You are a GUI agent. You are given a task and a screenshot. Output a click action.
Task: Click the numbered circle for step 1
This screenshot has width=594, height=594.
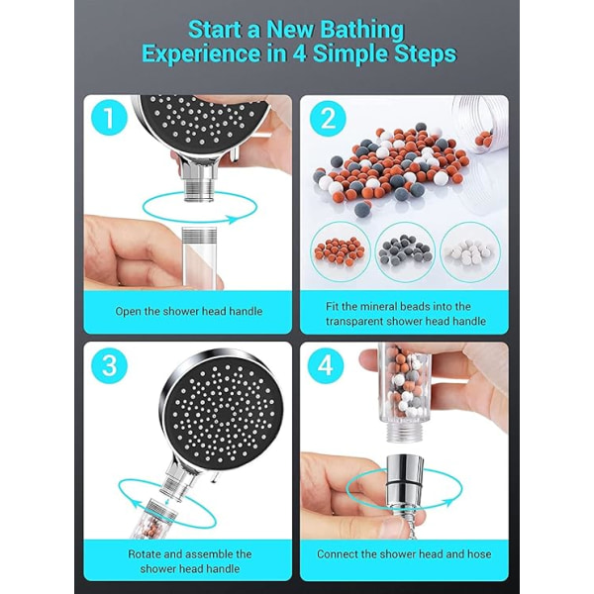[x=109, y=118]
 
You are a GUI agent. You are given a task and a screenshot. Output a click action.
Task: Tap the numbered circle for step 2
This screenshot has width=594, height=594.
[x=328, y=118]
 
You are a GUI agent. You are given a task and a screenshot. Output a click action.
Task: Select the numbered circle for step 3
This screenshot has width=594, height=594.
[x=109, y=366]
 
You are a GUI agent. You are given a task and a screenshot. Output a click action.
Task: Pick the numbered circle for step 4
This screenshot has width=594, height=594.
[x=326, y=366]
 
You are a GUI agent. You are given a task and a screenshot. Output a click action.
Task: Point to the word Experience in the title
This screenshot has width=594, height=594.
[x=201, y=53]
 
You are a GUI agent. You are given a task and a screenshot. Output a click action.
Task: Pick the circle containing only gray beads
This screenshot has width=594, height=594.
[x=405, y=251]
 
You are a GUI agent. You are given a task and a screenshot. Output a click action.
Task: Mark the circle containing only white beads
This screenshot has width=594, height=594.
[x=470, y=251]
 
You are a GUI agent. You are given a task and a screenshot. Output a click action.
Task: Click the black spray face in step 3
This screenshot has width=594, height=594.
[x=225, y=408]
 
